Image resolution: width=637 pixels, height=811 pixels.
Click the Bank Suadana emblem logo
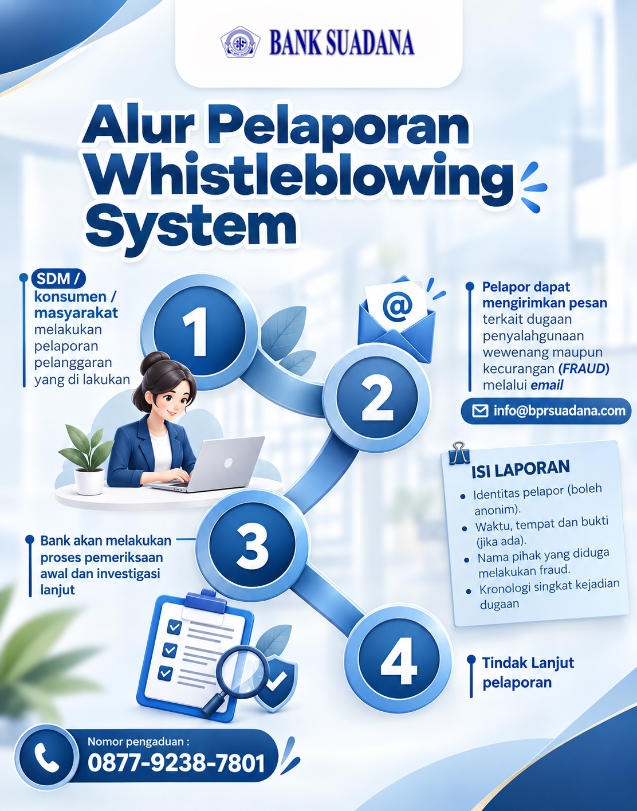(x=240, y=42)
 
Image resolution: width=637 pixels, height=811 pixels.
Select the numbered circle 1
(x=199, y=332)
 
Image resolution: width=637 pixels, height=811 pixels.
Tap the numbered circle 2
(x=377, y=398)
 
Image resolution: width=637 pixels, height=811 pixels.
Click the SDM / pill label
(x=58, y=279)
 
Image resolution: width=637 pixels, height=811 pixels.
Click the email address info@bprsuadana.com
(x=559, y=411)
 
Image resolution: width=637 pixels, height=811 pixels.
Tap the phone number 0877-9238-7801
(x=176, y=763)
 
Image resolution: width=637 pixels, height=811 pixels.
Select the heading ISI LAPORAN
(x=521, y=469)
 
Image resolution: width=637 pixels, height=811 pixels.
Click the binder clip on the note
(x=459, y=453)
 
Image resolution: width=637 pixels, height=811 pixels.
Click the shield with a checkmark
(x=276, y=683)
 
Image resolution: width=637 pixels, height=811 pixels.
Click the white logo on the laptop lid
(x=228, y=463)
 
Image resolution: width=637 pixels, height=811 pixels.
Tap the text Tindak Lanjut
(x=528, y=662)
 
